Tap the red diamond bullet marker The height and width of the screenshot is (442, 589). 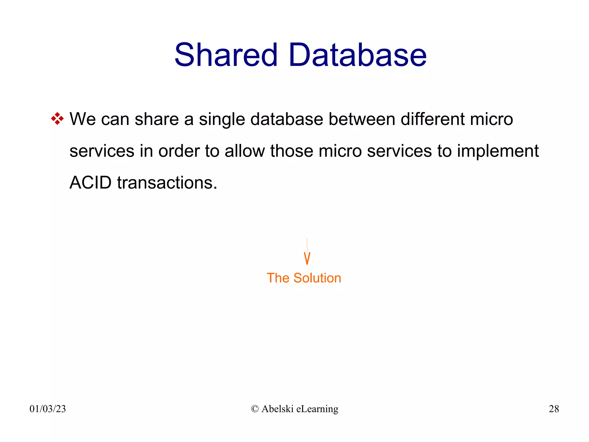click(x=57, y=119)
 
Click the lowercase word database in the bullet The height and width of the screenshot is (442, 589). click(x=287, y=119)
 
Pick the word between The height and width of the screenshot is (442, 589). click(x=362, y=119)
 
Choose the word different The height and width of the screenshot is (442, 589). click(x=433, y=119)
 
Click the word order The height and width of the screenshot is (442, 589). click(x=179, y=151)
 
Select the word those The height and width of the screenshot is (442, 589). click(x=292, y=151)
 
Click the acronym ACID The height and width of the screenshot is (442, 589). click(x=91, y=183)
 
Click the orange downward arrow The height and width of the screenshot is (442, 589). click(x=307, y=257)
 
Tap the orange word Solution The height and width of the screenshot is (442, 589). click(x=317, y=278)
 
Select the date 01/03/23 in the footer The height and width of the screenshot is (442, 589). click(x=48, y=409)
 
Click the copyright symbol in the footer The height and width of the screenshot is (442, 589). click(x=255, y=409)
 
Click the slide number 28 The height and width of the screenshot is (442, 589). click(x=554, y=409)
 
